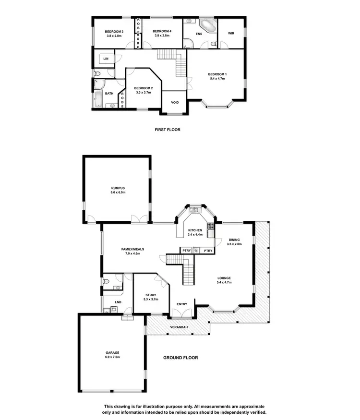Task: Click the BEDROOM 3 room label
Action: (x=114, y=32)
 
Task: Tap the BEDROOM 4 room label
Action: (x=162, y=32)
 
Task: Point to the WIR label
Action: (x=231, y=34)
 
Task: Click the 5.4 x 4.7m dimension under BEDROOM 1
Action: (x=217, y=79)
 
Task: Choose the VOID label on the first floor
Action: (x=175, y=102)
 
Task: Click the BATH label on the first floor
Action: (x=109, y=94)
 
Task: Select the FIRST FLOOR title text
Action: (x=168, y=130)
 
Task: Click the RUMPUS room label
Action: (x=118, y=188)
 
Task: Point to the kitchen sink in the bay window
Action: (x=195, y=210)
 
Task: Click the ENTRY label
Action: (x=182, y=304)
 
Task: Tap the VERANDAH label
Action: (x=178, y=327)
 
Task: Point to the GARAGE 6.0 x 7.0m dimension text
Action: (x=112, y=357)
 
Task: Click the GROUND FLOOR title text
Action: (x=180, y=358)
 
